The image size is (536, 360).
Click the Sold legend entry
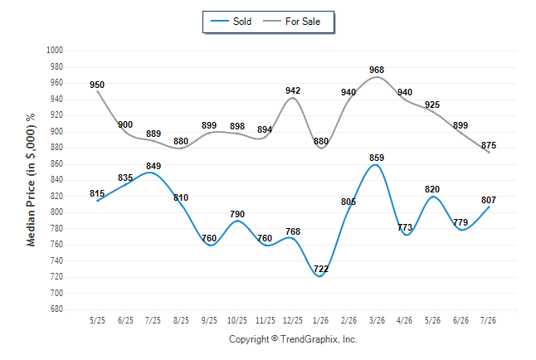(231, 22)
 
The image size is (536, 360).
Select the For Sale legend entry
(291, 22)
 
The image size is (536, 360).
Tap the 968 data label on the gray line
(377, 70)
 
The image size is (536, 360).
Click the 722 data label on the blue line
(321, 269)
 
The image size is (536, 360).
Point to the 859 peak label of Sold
(377, 158)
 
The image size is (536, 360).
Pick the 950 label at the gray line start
(97, 85)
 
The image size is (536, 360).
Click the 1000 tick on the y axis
(55, 51)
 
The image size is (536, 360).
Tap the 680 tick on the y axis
(56, 309)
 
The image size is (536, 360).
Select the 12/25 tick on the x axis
(293, 320)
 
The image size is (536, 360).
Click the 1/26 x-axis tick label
(320, 320)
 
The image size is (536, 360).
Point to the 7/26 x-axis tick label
(488, 320)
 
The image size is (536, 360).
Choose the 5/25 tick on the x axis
(97, 320)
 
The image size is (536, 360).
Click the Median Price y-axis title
(31, 180)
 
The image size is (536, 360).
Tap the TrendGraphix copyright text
(293, 339)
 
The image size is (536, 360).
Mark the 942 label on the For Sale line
(293, 90)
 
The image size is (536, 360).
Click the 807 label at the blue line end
(489, 200)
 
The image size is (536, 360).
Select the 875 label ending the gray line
(489, 145)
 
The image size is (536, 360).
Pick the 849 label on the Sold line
(153, 166)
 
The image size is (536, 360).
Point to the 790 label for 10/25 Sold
(237, 214)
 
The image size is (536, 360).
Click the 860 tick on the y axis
(56, 163)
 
